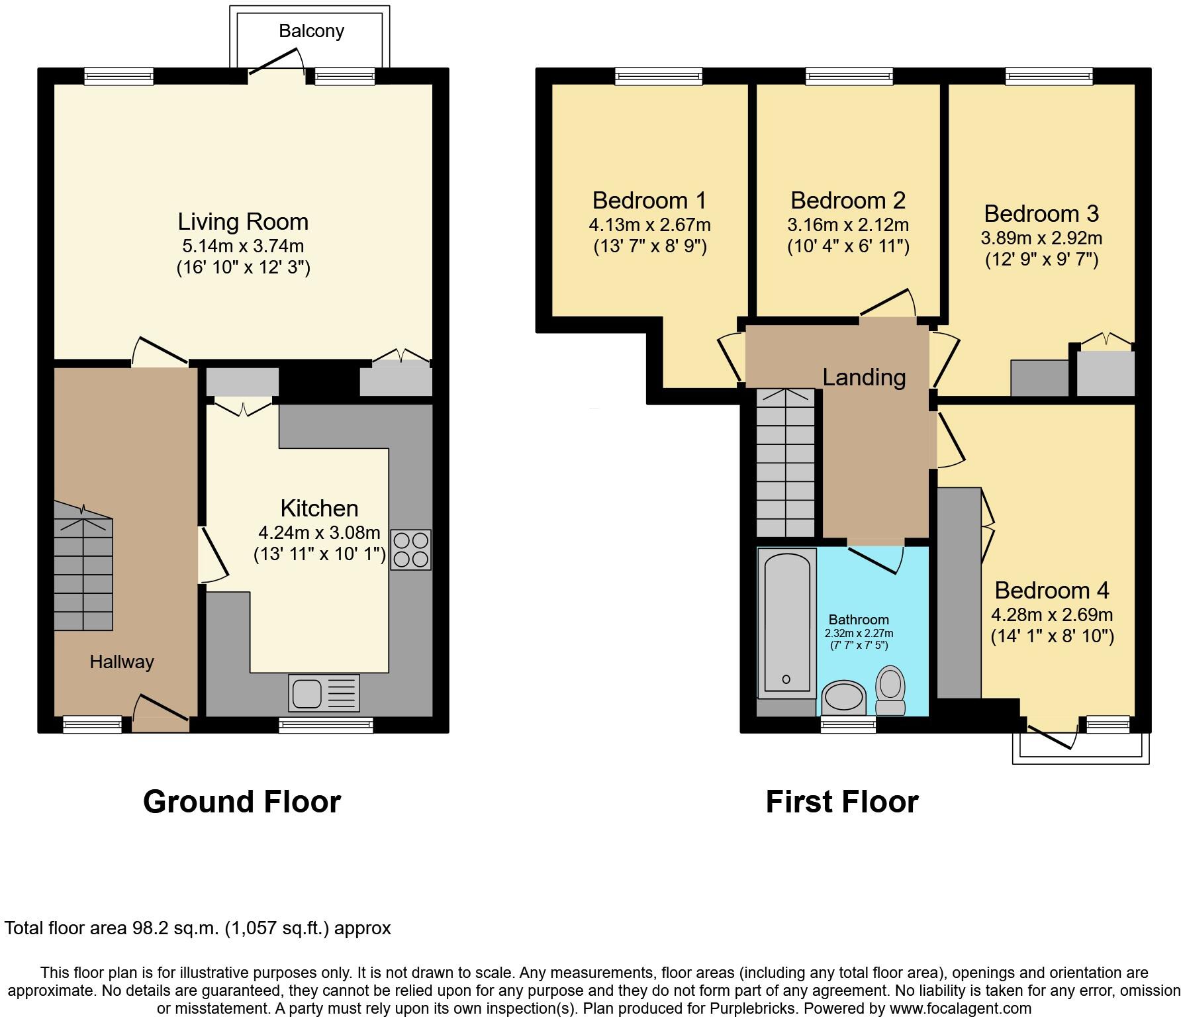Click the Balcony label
tap(311, 31)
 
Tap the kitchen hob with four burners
tap(410, 550)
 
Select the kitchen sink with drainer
tap(324, 693)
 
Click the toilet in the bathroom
tap(890, 690)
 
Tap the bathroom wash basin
tap(843, 699)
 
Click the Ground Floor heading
tap(242, 802)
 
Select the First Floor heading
tap(841, 802)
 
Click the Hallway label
tap(122, 661)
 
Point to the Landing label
tap(864, 377)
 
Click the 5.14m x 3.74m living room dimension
tap(243, 246)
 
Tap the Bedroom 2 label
tap(847, 200)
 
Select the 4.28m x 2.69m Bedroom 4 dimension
tap(1051, 614)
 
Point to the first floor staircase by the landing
tap(786, 463)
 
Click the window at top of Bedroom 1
tap(658, 77)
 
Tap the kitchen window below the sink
tap(326, 726)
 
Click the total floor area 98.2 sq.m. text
tap(198, 928)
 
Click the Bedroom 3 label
tap(1041, 214)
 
